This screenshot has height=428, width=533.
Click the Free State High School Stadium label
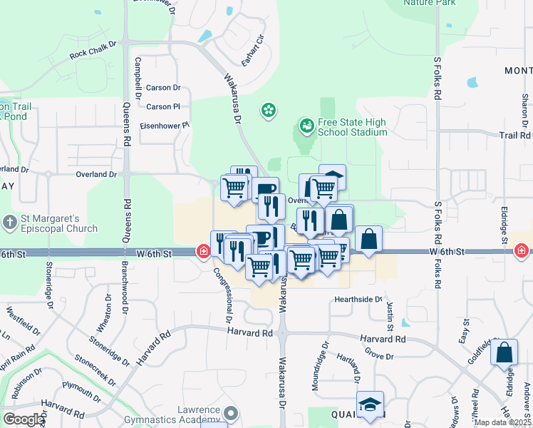pyautogui.click(x=353, y=127)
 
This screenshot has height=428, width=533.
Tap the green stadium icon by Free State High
pyautogui.click(x=307, y=126)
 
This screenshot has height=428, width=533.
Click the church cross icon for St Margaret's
pyautogui.click(x=10, y=223)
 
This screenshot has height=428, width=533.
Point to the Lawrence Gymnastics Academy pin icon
pyautogui.click(x=230, y=412)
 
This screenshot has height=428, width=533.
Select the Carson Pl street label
pyautogui.click(x=162, y=107)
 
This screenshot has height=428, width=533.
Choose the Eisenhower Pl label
pyautogui.click(x=165, y=125)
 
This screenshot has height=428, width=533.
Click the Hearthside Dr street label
pyautogui.click(x=358, y=300)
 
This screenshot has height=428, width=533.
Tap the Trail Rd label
pyautogui.click(x=515, y=135)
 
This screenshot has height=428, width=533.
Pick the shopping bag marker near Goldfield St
pyautogui.click(x=504, y=353)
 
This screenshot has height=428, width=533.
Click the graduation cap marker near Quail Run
pyautogui.click(x=370, y=404)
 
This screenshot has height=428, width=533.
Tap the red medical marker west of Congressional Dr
pyautogui.click(x=203, y=251)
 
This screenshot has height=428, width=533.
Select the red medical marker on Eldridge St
pyautogui.click(x=522, y=251)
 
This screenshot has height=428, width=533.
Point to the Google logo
pyautogui.click(x=24, y=419)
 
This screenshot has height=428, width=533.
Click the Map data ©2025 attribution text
pyautogui.click(x=502, y=422)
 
